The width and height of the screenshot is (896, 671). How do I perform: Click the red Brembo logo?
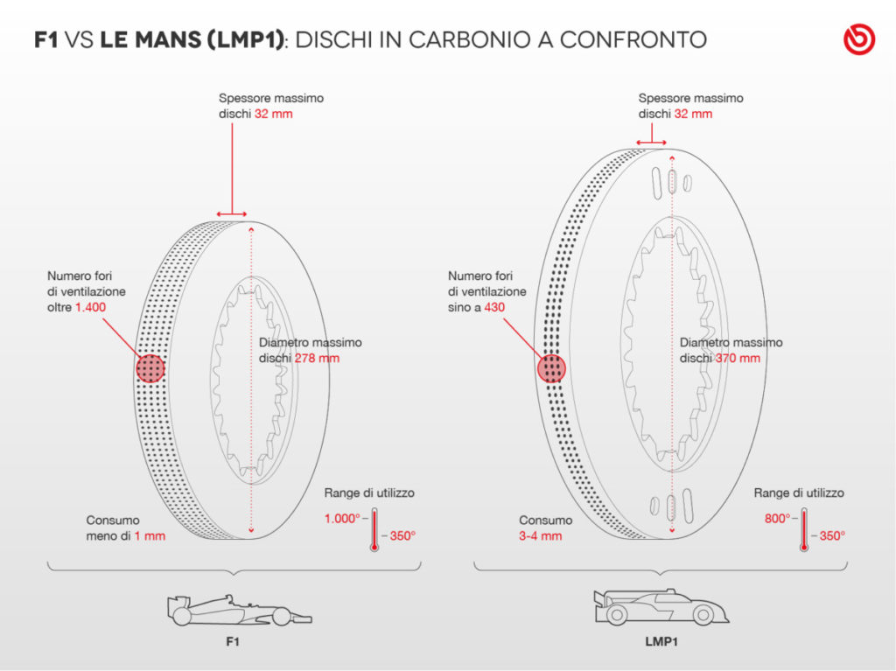pyautogui.click(x=858, y=40)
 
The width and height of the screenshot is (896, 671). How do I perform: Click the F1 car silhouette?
pyautogui.click(x=238, y=610)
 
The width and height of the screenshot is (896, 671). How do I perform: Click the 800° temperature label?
pyautogui.click(x=776, y=519)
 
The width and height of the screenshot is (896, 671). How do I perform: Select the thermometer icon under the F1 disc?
pyautogui.click(x=374, y=529)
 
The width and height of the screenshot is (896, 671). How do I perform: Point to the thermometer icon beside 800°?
pyautogui.click(x=803, y=529)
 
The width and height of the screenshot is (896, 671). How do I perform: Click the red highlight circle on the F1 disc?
pyautogui.click(x=150, y=369)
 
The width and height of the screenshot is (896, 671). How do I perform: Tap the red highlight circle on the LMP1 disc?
pyautogui.click(x=551, y=369)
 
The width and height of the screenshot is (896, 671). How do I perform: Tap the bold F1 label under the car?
pyautogui.click(x=233, y=641)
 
